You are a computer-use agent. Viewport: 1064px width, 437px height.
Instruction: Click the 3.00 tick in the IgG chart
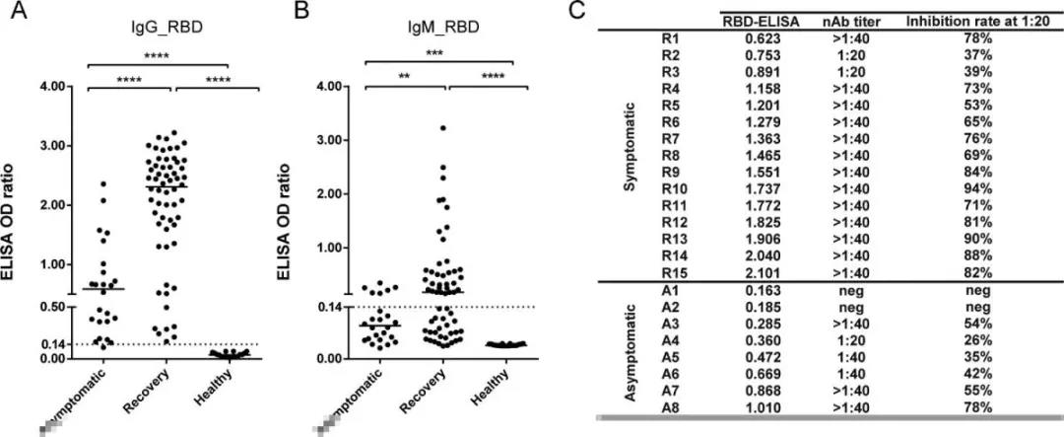pos(50,146)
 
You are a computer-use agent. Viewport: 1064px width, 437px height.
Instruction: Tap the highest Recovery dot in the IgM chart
pos(442,128)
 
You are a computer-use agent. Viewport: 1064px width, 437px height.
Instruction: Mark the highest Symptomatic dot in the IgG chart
pos(102,183)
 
